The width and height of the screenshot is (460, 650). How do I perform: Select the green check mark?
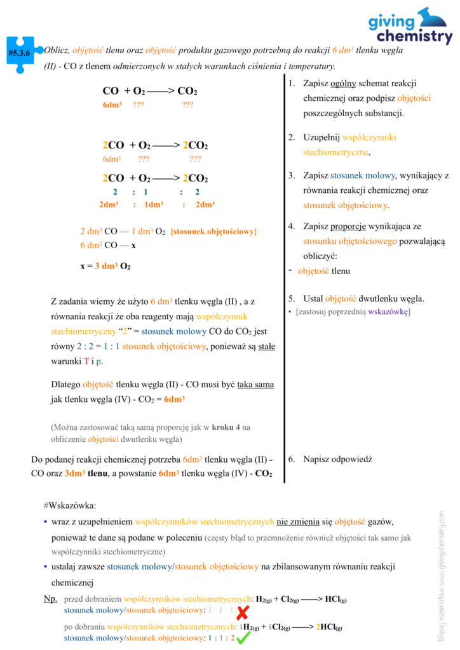(x=243, y=637)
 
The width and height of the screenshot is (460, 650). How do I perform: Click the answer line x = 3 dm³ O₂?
(x=105, y=266)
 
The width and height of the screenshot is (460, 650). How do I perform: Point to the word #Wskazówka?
(x=70, y=505)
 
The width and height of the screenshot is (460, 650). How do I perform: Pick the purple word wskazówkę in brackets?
(x=389, y=312)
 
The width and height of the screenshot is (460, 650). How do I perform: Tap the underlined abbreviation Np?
(x=50, y=599)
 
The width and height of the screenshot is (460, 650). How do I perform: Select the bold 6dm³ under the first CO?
(x=112, y=105)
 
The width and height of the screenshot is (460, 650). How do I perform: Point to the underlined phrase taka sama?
(x=255, y=385)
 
